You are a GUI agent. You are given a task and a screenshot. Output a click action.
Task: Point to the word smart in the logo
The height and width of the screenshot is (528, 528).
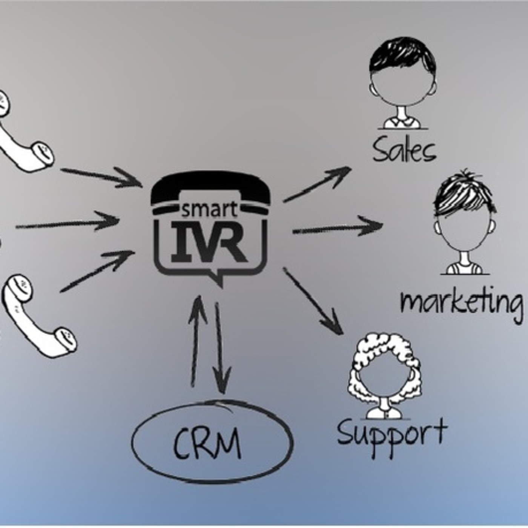(210, 210)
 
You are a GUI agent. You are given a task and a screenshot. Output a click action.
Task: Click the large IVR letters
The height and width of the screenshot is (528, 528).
(210, 243)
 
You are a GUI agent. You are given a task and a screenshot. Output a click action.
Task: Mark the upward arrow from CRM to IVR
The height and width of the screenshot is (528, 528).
(197, 339)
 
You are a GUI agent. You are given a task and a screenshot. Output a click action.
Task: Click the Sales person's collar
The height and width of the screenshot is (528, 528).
(402, 122)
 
